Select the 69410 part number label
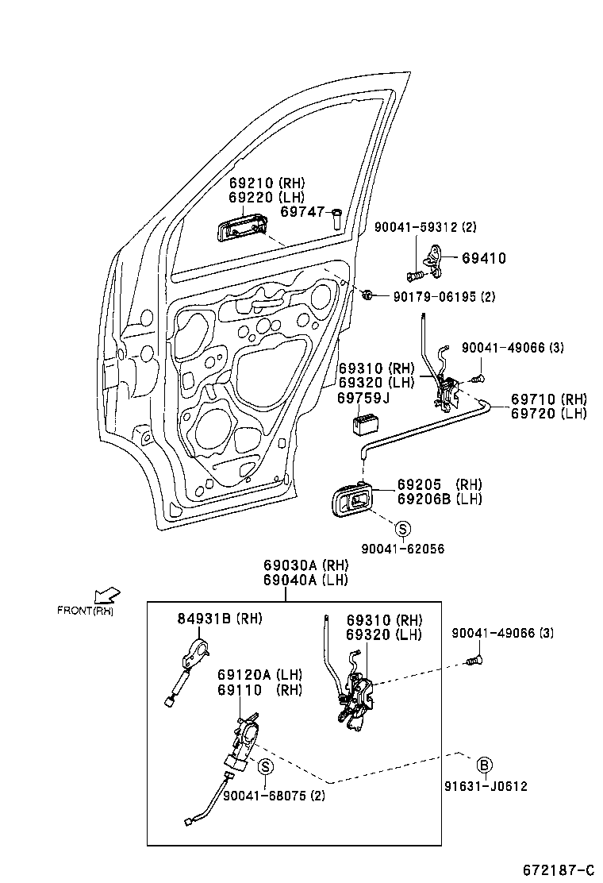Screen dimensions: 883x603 [x=483, y=258]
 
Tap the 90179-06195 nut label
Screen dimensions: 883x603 [x=444, y=297]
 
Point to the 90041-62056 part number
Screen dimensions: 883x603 [x=402, y=549]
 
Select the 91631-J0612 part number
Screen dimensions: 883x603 [x=485, y=786]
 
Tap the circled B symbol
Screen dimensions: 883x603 [x=484, y=765]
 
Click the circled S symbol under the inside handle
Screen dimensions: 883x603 [x=402, y=529]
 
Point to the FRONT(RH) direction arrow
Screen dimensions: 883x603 [x=106, y=596]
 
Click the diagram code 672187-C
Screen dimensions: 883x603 [x=558, y=870]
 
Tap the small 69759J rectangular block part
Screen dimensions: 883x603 [x=366, y=422]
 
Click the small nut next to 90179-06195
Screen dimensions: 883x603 [x=367, y=295]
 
